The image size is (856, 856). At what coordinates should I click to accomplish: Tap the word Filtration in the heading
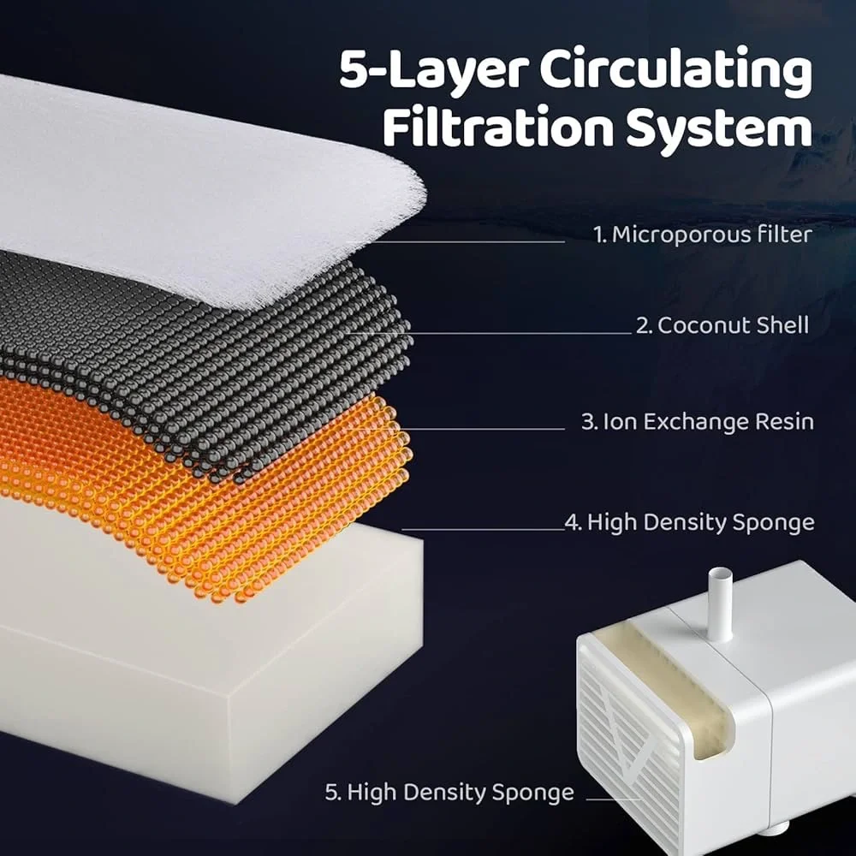pyautogui.click(x=498, y=128)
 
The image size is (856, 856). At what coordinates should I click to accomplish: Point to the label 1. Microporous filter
pyautogui.click(x=703, y=235)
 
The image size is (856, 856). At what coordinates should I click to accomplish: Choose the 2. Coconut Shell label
pyautogui.click(x=722, y=325)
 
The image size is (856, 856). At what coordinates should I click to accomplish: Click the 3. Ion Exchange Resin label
pyautogui.click(x=697, y=421)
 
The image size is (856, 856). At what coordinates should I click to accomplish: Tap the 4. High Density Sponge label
pyautogui.click(x=689, y=522)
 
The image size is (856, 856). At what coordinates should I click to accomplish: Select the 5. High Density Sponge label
pyautogui.click(x=449, y=792)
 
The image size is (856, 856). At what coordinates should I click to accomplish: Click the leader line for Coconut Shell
pyautogui.click(x=489, y=332)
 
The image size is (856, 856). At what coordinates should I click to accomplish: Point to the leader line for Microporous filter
pyautogui.click(x=456, y=241)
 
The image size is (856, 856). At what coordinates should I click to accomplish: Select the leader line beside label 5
pyautogui.click(x=614, y=800)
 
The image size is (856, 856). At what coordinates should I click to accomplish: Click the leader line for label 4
pyautogui.click(x=483, y=529)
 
